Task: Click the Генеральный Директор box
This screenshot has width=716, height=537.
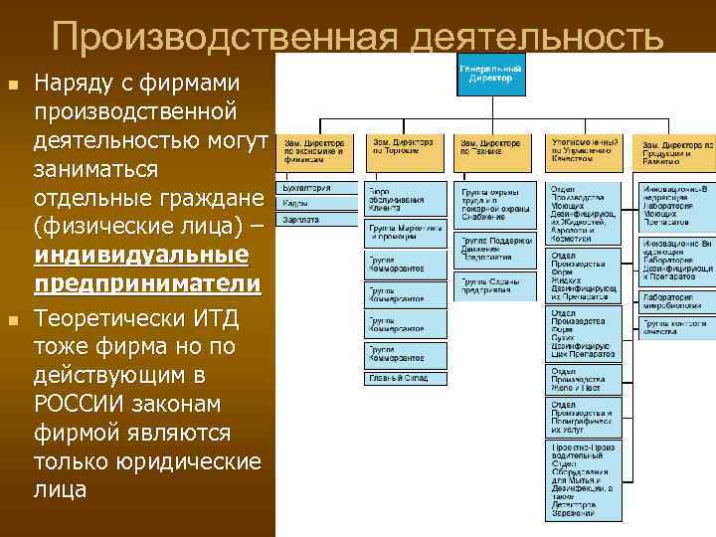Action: [x=491, y=73]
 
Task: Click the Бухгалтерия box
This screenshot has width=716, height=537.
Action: [x=316, y=187]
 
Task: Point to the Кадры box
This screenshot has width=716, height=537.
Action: [x=316, y=202]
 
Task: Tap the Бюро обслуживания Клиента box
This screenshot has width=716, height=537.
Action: [x=405, y=198]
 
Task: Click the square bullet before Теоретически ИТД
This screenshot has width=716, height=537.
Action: [x=12, y=320]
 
